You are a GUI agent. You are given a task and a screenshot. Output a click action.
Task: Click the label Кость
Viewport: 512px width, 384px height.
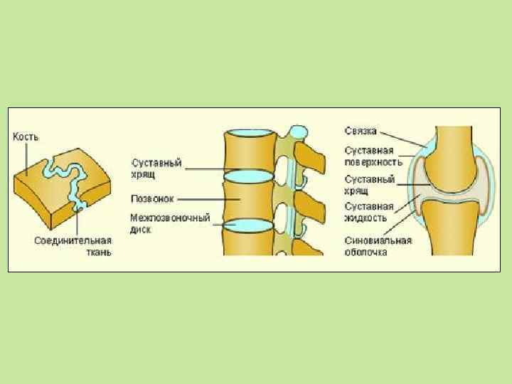[x=26, y=136]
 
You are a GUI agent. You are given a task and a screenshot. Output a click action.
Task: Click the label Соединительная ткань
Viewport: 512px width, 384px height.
[x=73, y=246]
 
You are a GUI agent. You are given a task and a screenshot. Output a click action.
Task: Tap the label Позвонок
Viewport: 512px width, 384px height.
[x=152, y=198]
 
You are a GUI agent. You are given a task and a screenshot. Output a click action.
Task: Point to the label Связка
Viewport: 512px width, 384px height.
[x=361, y=132]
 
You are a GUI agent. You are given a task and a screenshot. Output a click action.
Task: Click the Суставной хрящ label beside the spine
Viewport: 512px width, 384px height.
[x=156, y=168]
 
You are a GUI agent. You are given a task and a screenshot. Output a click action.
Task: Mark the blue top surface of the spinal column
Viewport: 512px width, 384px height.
[x=249, y=134]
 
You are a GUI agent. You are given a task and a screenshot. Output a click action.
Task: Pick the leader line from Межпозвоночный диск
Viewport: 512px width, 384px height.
[x=210, y=223]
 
